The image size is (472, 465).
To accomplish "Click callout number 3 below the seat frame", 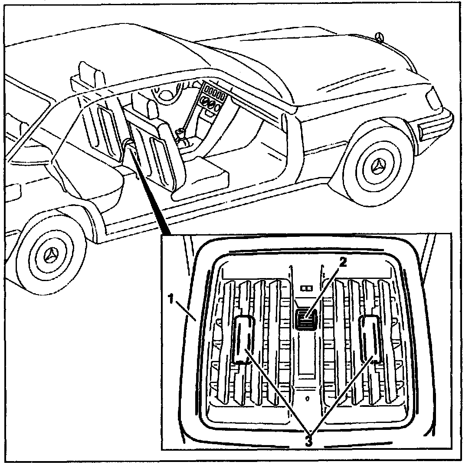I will tap(309, 442).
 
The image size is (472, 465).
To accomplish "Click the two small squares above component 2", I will tap(307, 287).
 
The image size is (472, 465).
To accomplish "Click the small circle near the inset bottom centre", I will tap(307, 397).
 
